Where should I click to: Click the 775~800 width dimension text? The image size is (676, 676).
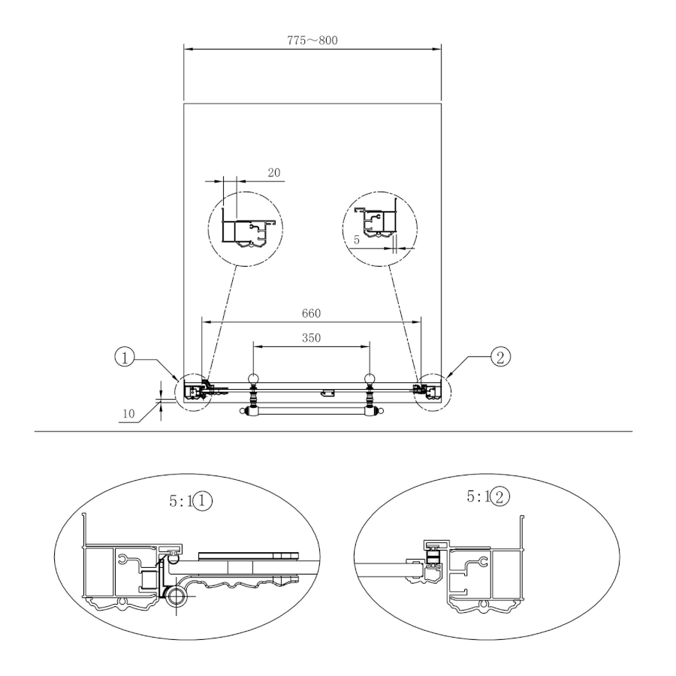[x=312, y=41]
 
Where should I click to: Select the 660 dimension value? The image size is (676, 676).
[x=311, y=313]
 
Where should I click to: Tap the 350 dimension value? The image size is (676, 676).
[x=311, y=338]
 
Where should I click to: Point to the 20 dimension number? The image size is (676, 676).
[x=274, y=173]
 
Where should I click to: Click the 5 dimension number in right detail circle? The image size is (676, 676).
[x=357, y=240]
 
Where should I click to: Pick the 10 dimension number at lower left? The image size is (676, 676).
[x=129, y=414]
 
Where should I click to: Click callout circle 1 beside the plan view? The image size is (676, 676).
[x=125, y=358]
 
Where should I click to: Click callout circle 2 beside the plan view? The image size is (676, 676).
[x=500, y=357]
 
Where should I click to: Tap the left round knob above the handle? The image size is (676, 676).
[x=254, y=379]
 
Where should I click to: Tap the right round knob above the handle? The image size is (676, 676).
[x=370, y=379]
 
